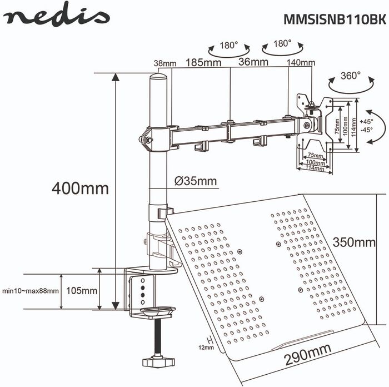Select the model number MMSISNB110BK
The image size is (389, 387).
point(335,19)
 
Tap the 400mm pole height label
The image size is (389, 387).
point(80,188)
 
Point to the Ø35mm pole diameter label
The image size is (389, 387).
point(196,181)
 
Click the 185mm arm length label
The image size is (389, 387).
point(203,63)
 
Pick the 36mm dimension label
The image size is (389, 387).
point(253,62)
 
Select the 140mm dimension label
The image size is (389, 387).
point(301,62)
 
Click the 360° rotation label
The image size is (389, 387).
point(351,76)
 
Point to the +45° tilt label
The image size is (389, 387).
point(366,122)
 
